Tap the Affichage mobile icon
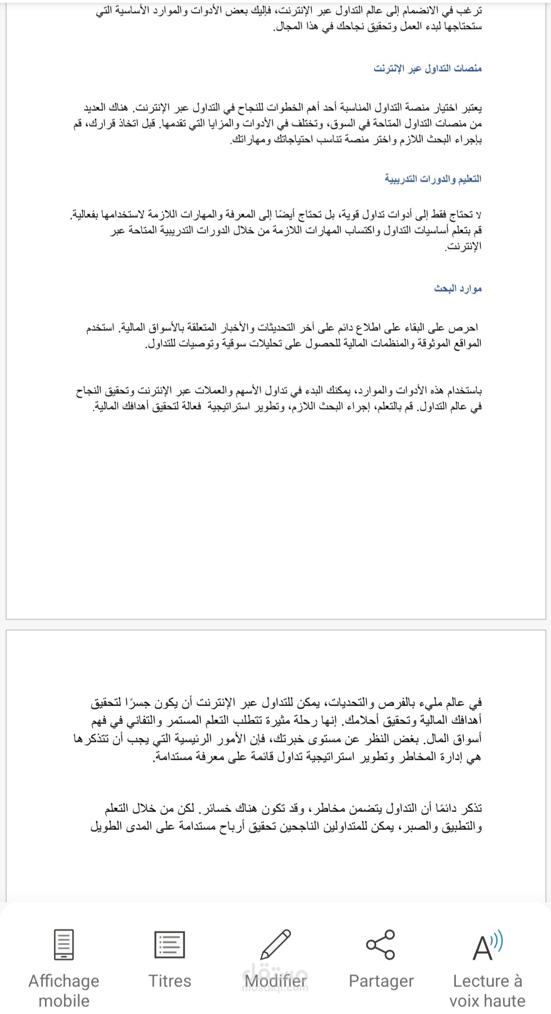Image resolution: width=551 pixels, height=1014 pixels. click(x=64, y=944)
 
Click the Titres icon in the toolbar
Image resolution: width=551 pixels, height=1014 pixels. click(x=169, y=944)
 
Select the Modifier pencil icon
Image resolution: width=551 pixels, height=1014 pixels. click(x=275, y=944)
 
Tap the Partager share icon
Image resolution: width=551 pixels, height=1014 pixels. click(x=381, y=944)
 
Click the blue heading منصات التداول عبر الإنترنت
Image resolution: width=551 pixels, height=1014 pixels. click(x=427, y=69)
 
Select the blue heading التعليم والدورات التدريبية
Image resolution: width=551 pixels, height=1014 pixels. click(x=433, y=179)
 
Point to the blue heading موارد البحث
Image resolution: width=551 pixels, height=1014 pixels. click(x=458, y=289)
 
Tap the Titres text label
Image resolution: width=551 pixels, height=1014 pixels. click(x=169, y=981)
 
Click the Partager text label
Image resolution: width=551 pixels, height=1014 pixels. click(x=381, y=981)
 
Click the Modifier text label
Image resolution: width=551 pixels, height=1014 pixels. click(x=275, y=981)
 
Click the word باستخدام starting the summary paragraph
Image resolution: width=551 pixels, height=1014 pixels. click(x=464, y=391)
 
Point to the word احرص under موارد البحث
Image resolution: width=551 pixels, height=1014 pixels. click(x=465, y=327)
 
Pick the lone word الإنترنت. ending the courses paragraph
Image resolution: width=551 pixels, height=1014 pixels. click(x=463, y=247)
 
